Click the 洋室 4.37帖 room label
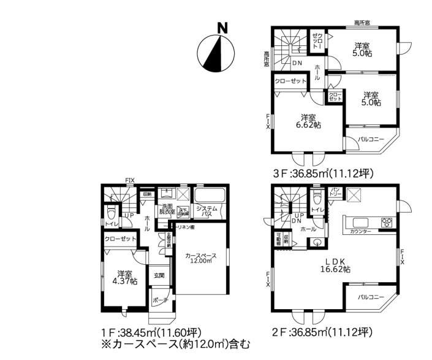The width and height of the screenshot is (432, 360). [x=125, y=277]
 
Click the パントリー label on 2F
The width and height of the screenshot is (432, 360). [x=336, y=192]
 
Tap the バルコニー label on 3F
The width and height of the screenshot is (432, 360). [x=372, y=140]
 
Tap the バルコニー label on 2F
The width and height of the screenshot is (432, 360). [x=372, y=298]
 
